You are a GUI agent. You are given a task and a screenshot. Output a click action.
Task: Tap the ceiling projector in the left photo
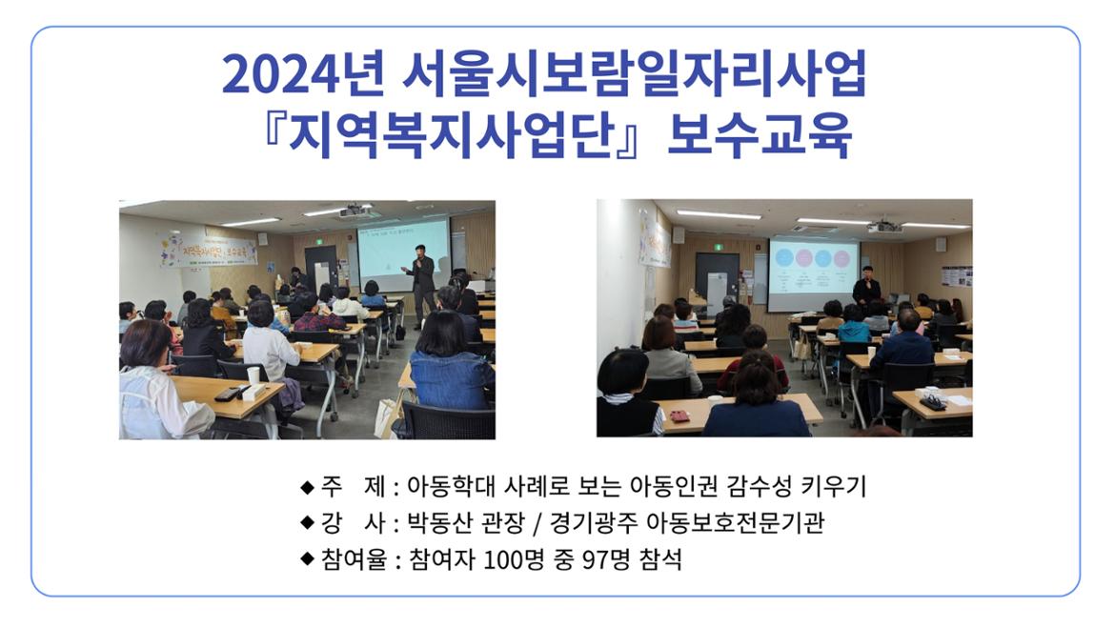(355, 211)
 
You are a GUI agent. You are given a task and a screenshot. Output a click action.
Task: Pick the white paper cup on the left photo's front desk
(253, 375)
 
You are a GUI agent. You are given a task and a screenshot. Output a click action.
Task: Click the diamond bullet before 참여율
(307, 558)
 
